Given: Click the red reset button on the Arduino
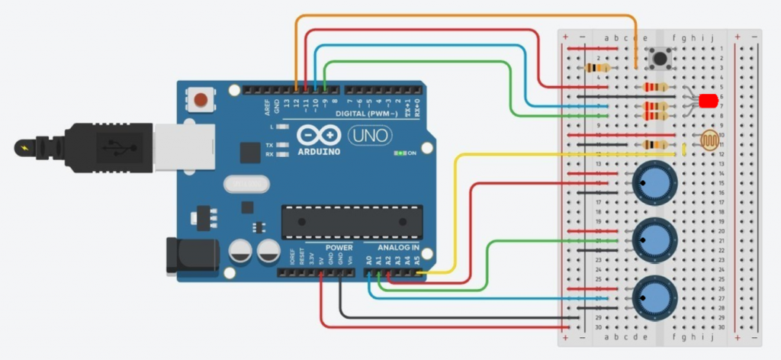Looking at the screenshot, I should (201, 99).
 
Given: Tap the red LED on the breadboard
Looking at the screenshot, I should (707, 100).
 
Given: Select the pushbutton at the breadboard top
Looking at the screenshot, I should (658, 58).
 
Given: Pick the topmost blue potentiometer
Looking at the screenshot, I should (654, 183).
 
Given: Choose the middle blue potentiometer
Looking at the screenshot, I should (654, 239).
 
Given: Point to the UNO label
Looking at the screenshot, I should (370, 136).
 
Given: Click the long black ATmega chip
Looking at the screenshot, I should (341, 220).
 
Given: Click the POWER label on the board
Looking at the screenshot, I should (339, 248).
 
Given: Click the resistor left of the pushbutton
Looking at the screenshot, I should (596, 67).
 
